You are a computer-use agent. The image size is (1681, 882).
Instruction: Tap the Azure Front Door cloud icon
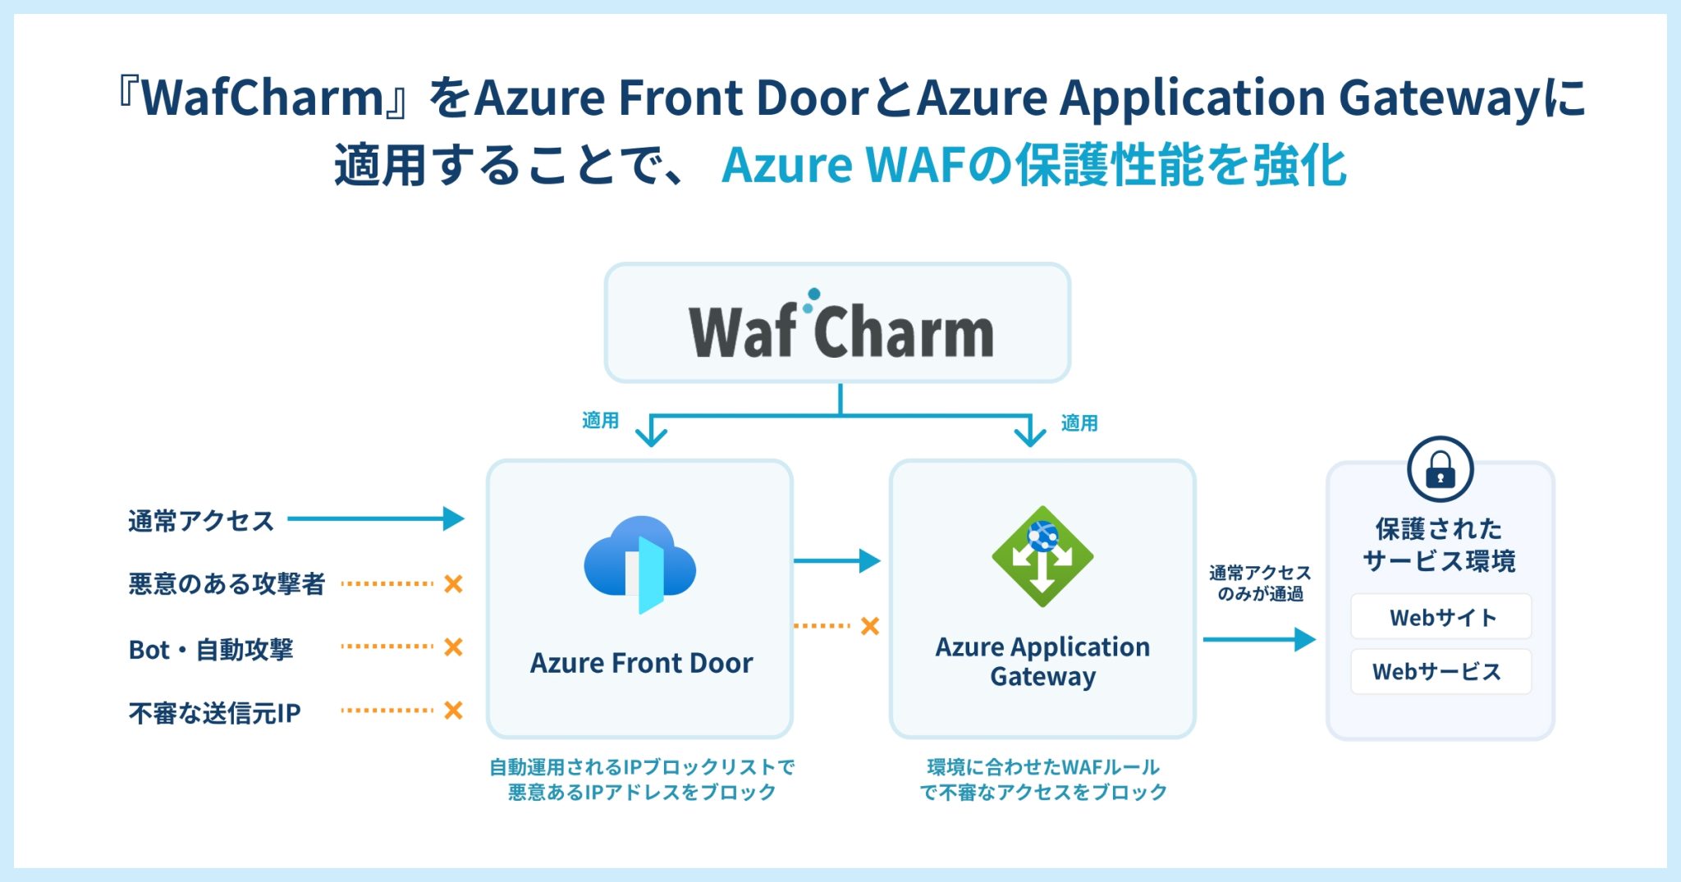tap(640, 564)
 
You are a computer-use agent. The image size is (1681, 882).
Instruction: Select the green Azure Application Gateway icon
tap(1042, 556)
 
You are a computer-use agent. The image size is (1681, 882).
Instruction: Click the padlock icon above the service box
tap(1441, 469)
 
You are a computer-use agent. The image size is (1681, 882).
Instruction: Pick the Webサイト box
tap(1441, 617)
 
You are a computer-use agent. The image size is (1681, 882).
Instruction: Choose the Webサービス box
tap(1441, 672)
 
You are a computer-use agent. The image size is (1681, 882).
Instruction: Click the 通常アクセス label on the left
tap(201, 521)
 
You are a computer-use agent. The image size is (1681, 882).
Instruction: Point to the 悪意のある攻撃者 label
tap(227, 584)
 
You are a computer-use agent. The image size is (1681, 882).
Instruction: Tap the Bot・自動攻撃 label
tap(211, 649)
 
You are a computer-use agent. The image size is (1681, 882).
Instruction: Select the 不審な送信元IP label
tap(214, 713)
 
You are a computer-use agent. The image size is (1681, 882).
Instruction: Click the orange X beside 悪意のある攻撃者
tap(453, 584)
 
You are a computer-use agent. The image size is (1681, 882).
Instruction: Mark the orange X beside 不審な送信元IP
tap(453, 711)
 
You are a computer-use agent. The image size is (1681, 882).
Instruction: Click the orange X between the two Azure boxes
tap(870, 626)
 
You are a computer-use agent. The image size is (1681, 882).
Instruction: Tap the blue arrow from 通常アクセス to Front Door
tap(376, 519)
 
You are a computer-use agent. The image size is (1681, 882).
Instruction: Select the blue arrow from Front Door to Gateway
tap(837, 561)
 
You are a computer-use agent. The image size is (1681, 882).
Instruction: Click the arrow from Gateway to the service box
tap(1260, 639)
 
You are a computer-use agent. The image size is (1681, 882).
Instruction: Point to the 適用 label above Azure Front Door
tap(600, 420)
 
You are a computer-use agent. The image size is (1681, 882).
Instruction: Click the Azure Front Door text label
tap(641, 663)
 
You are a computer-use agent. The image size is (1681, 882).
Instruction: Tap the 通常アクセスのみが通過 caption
tap(1260, 583)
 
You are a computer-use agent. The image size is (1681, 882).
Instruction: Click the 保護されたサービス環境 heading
tap(1440, 545)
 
